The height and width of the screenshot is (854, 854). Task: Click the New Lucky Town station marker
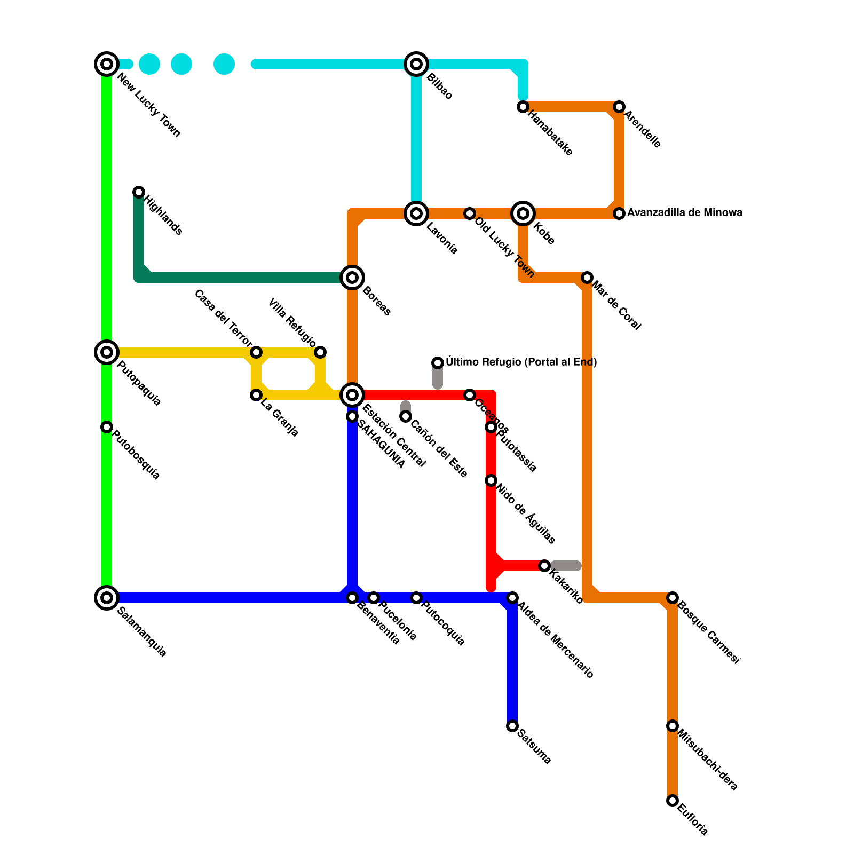107,64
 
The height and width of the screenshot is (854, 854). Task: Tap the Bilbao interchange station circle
416,64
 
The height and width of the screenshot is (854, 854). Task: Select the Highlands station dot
139,192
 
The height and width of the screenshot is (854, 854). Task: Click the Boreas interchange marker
352,278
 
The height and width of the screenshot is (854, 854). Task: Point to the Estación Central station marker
352,395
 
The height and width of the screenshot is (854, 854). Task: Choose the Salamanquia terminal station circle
107,598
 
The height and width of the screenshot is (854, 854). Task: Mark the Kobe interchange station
523,213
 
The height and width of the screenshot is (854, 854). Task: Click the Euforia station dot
673,801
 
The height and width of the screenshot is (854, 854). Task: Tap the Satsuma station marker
512,726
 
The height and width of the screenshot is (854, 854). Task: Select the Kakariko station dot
544,566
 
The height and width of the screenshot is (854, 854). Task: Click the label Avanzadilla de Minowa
684,213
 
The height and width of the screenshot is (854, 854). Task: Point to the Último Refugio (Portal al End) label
521,362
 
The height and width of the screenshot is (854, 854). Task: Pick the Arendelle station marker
619,107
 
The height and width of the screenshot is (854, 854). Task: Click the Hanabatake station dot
523,107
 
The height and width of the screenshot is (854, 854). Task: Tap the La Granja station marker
256,395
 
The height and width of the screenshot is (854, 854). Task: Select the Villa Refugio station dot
320,352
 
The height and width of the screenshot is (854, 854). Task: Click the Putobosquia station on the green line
107,427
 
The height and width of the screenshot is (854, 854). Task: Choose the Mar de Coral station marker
587,278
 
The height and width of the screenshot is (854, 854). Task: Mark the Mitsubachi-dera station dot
673,726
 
